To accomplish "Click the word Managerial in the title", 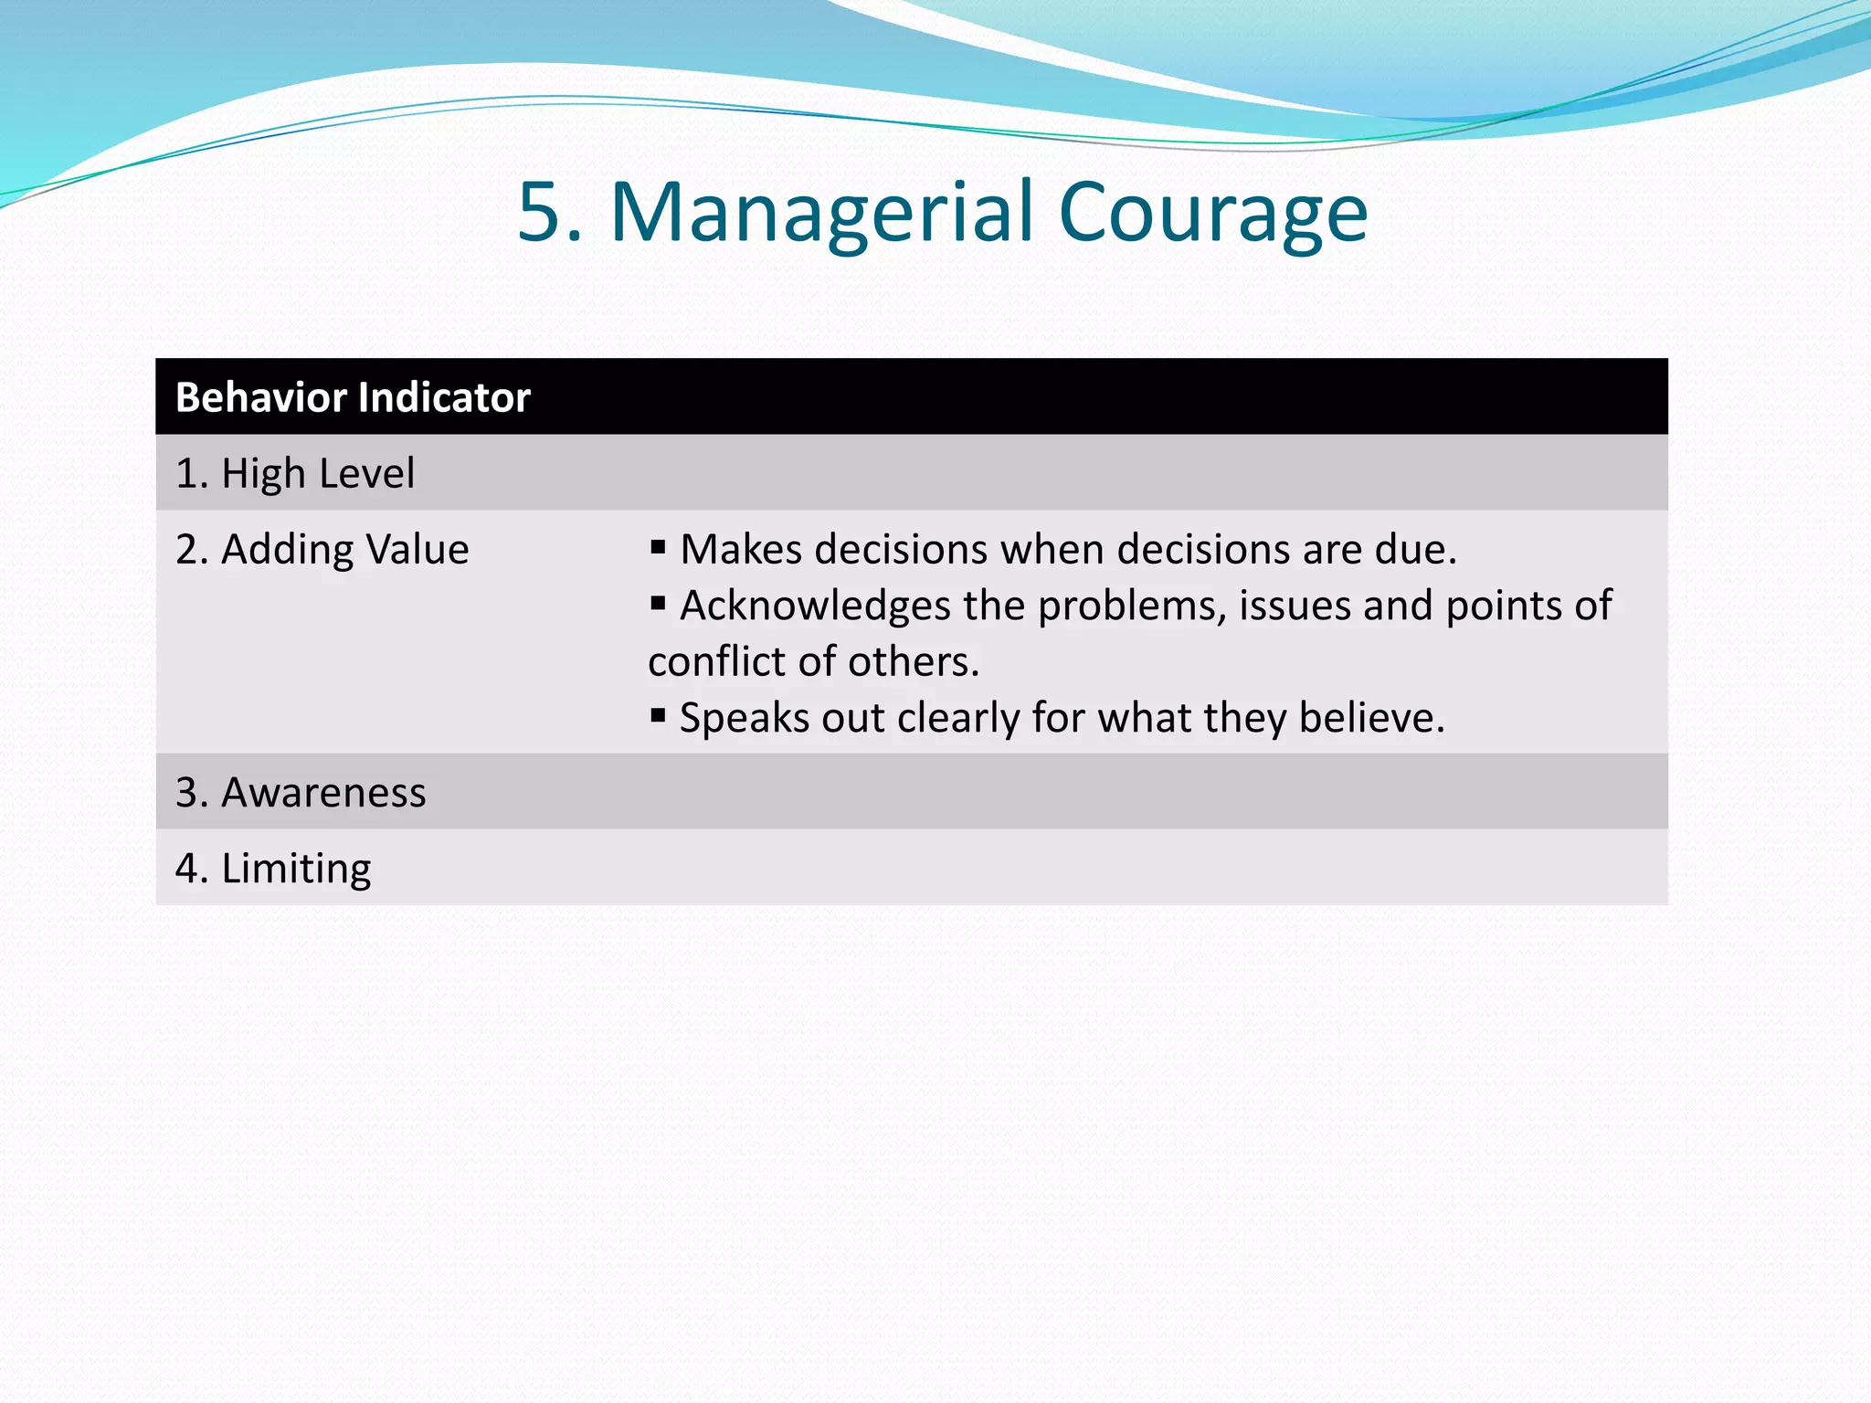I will tap(821, 212).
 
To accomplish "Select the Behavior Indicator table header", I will tap(353, 397).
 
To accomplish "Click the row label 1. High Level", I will tap(294, 473).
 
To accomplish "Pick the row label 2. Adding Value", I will tap(322, 549).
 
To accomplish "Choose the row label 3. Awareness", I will tap(301, 792).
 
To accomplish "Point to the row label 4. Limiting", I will tap(273, 868).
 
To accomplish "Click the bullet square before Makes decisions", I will tap(658, 547).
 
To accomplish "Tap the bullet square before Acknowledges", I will tap(658, 603).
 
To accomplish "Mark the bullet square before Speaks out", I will tap(658, 715).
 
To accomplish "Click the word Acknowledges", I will tap(816, 606).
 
